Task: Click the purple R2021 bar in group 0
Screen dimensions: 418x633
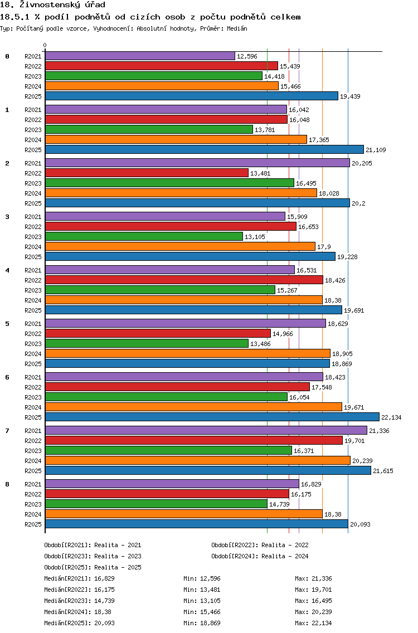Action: click(x=140, y=56)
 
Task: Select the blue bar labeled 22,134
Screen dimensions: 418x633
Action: click(x=212, y=417)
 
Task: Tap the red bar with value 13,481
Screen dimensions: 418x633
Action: click(x=147, y=173)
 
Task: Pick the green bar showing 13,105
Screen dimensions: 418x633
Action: click(x=144, y=237)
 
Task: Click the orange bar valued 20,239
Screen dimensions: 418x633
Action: click(x=198, y=461)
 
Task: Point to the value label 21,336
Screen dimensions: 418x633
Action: click(x=379, y=431)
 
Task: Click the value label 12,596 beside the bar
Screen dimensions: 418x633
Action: click(x=247, y=56)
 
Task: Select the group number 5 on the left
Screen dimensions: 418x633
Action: click(x=7, y=324)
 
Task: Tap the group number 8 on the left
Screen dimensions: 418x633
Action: click(x=7, y=484)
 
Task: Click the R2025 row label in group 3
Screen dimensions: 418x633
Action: click(x=33, y=257)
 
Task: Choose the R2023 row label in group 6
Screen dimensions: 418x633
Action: click(x=33, y=397)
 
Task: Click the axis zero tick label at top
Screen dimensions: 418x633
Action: click(x=45, y=45)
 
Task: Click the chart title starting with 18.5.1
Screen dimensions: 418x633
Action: click(x=150, y=17)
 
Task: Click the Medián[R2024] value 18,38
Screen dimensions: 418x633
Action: click(x=103, y=612)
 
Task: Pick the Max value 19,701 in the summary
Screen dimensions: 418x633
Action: click(x=322, y=590)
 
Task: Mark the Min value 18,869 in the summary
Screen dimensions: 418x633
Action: click(x=210, y=624)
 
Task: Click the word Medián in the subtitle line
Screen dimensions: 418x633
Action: click(x=237, y=28)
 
